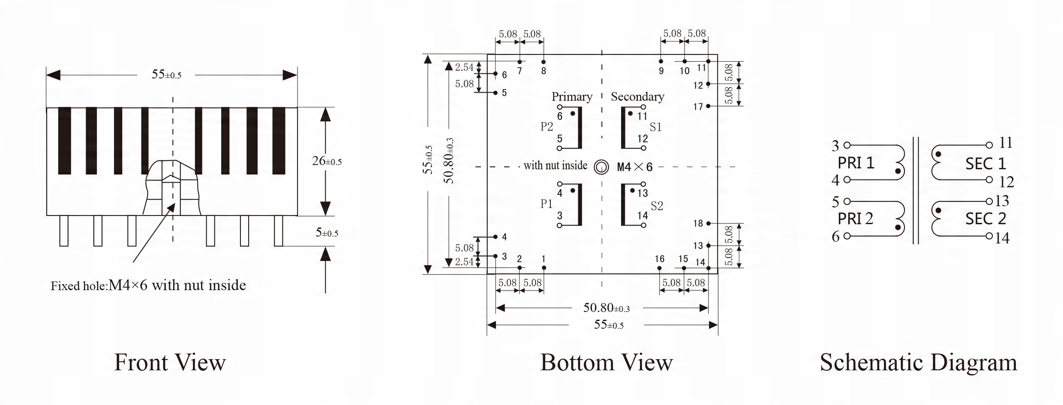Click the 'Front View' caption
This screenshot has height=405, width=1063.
170,363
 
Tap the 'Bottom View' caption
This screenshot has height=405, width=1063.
607,363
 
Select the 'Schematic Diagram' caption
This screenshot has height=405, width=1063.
919,363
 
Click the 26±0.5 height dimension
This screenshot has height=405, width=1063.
327,161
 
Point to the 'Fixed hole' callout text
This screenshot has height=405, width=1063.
148,285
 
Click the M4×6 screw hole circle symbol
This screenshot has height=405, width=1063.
601,167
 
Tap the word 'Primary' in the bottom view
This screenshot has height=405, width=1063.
572,97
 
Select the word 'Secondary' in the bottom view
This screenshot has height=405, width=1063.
637,97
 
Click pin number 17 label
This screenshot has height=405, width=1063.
698,106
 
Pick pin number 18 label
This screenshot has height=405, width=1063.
698,223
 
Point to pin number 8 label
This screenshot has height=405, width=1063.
544,71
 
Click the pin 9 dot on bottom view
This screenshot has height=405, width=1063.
661,61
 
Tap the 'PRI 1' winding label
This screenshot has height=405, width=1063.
856,163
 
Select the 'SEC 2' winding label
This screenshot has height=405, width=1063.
986,219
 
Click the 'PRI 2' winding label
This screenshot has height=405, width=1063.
856,219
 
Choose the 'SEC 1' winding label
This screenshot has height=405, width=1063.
986,164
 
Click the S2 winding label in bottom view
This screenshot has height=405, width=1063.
657,206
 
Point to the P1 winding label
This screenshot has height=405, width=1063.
547,204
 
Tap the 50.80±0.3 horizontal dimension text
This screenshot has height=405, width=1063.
607,308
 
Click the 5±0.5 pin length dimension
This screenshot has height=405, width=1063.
327,233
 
